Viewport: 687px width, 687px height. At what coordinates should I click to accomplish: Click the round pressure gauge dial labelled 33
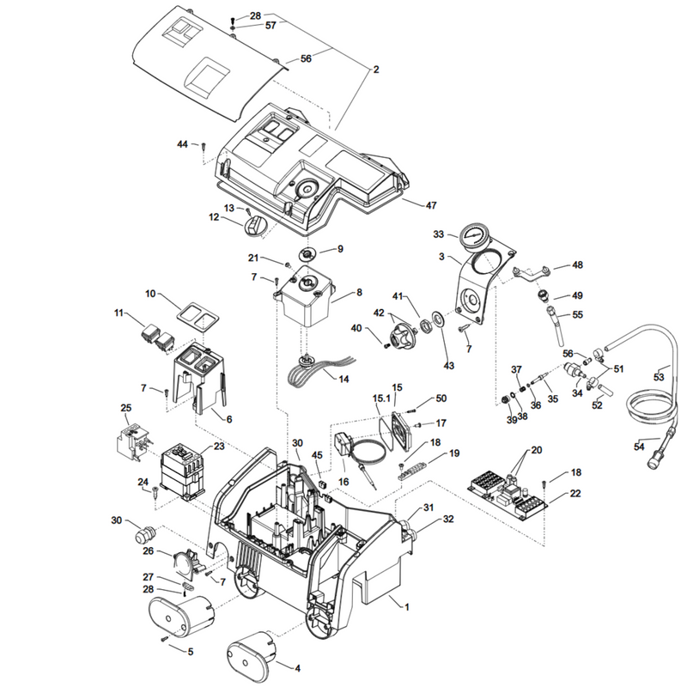[474, 237]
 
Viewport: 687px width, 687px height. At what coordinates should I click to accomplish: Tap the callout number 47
[431, 205]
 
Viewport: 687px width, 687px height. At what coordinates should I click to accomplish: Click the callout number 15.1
[381, 398]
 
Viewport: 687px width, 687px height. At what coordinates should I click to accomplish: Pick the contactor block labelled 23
[181, 472]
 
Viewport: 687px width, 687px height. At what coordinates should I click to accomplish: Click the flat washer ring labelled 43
[438, 319]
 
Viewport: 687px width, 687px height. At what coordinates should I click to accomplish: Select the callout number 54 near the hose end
[639, 447]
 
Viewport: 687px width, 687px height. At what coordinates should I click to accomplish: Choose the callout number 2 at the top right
[376, 70]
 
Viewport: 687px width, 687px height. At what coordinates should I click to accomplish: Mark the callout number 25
[125, 408]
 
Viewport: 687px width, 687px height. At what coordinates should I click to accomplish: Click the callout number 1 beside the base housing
[406, 607]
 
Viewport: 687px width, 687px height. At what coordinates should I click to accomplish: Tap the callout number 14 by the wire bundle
[344, 379]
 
